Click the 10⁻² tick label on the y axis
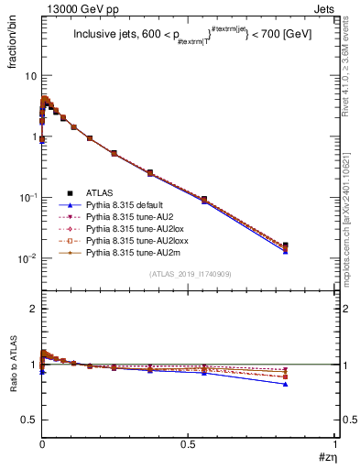click(27, 258)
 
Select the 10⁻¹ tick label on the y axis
click(27, 197)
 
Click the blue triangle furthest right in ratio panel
click(311, 384)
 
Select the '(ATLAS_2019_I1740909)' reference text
click(189, 275)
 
